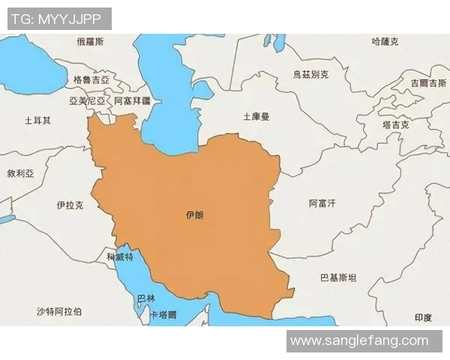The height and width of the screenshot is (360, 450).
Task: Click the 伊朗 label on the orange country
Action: [x=193, y=215]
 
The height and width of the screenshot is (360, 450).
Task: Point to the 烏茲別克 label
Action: [x=310, y=75]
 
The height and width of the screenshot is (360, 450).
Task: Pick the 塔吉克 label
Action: [x=394, y=124]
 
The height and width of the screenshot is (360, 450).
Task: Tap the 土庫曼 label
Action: [x=256, y=117]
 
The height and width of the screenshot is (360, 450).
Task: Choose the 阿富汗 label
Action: [x=322, y=203]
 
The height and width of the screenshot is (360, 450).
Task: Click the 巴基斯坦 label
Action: [x=338, y=277]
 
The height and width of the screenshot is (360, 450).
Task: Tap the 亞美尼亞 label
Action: [x=87, y=100]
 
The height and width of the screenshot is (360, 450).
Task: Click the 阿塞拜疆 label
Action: [x=133, y=100]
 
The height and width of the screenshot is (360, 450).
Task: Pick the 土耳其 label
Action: [x=37, y=120]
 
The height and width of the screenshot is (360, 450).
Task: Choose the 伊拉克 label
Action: [x=69, y=205]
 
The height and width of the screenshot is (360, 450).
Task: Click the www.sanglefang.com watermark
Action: [x=364, y=341]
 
